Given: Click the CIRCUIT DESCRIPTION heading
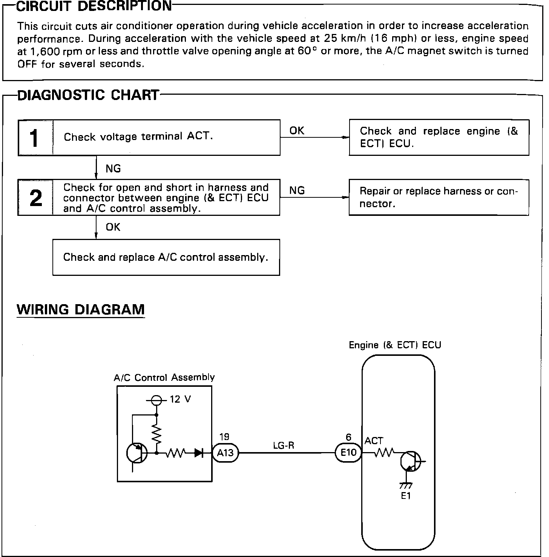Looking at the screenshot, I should tap(94, 6).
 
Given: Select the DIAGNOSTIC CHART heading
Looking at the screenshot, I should tap(88, 95).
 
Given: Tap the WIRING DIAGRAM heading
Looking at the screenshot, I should tap(81, 309).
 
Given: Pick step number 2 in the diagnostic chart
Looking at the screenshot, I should tap(35, 198).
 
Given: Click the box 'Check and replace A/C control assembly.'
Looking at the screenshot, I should tap(166, 257).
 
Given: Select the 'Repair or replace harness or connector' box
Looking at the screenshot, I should tap(439, 197).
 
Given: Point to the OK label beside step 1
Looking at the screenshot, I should tap(297, 131).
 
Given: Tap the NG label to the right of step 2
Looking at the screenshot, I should tap(297, 191).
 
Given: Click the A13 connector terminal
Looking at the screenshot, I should tap(225, 452).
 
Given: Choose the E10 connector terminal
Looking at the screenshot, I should tap(348, 452).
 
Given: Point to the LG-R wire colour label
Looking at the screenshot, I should tap(284, 446).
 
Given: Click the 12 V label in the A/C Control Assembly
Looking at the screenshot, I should tap(180, 399).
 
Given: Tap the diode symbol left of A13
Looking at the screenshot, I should tap(199, 452).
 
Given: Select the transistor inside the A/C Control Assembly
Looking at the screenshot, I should tap(136, 452).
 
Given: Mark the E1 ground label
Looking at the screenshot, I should tap(406, 496).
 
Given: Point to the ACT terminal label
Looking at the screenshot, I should tap(374, 441).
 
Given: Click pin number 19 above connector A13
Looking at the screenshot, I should tap(224, 437).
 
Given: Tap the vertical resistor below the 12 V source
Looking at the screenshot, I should tap(156, 434).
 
